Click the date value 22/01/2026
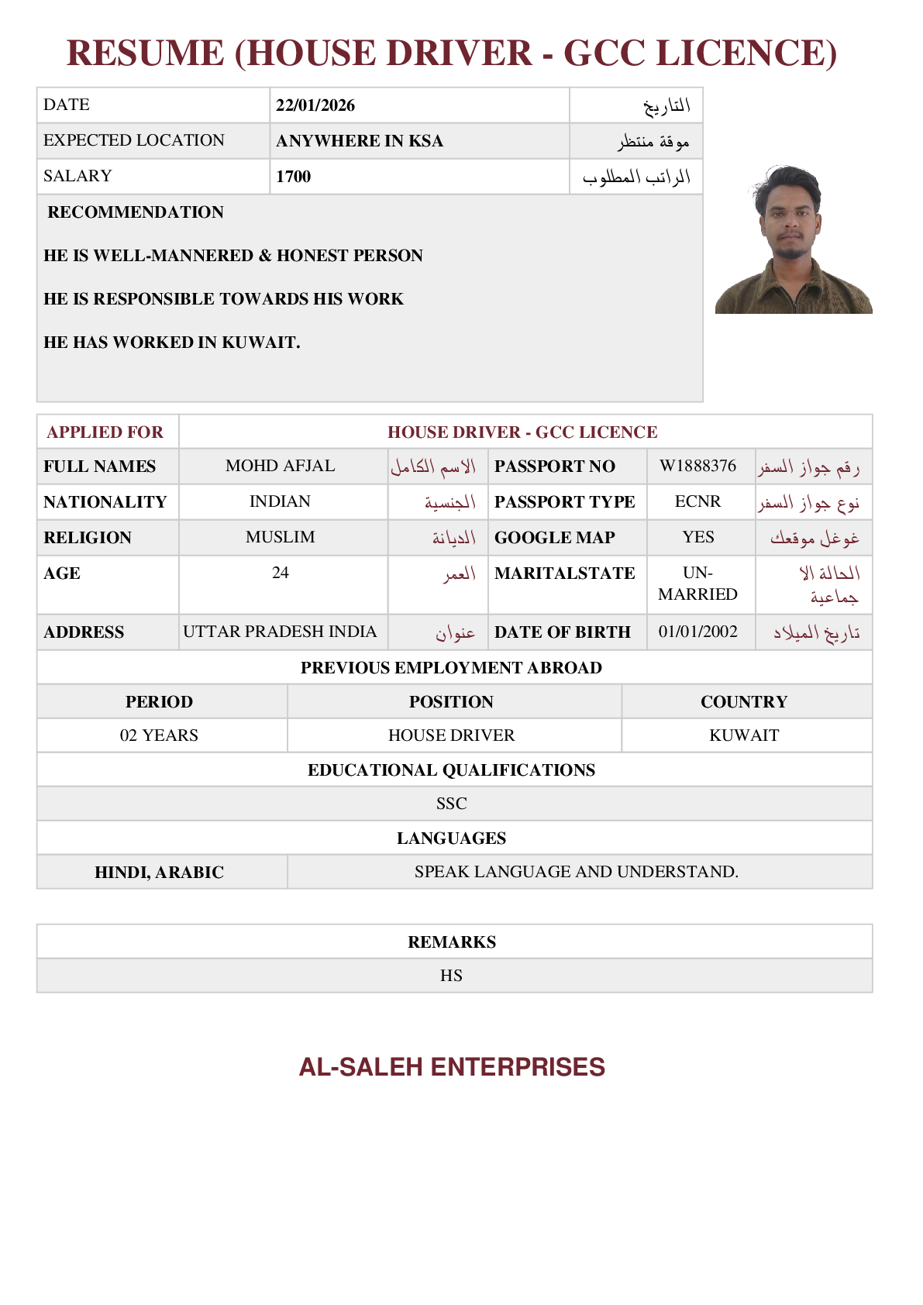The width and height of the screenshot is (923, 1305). (x=315, y=105)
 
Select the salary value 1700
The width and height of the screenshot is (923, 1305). (x=293, y=177)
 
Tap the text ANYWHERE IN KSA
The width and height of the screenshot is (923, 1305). (x=360, y=141)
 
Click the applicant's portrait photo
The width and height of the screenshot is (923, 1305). (x=793, y=239)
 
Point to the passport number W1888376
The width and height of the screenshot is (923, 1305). (x=697, y=466)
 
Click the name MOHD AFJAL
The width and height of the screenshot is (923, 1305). (x=280, y=466)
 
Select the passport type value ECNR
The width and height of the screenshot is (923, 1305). (x=697, y=501)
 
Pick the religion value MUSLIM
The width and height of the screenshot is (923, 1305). (x=280, y=537)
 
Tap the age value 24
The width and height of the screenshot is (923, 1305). (x=280, y=573)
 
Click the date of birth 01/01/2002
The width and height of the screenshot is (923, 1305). (x=697, y=632)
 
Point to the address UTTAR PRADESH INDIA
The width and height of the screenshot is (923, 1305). (x=280, y=632)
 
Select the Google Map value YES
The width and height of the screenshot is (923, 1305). (x=697, y=537)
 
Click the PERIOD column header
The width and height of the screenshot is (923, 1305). (x=159, y=701)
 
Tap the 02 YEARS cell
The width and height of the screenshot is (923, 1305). (x=159, y=735)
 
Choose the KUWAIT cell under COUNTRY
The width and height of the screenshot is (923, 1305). (x=744, y=735)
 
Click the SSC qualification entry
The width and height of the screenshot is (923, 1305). (x=451, y=804)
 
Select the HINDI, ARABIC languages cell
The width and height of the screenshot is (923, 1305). (x=159, y=873)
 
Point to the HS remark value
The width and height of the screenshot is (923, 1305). (x=451, y=976)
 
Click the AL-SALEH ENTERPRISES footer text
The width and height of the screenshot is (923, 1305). (x=452, y=1067)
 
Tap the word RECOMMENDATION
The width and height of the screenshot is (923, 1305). (x=136, y=212)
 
